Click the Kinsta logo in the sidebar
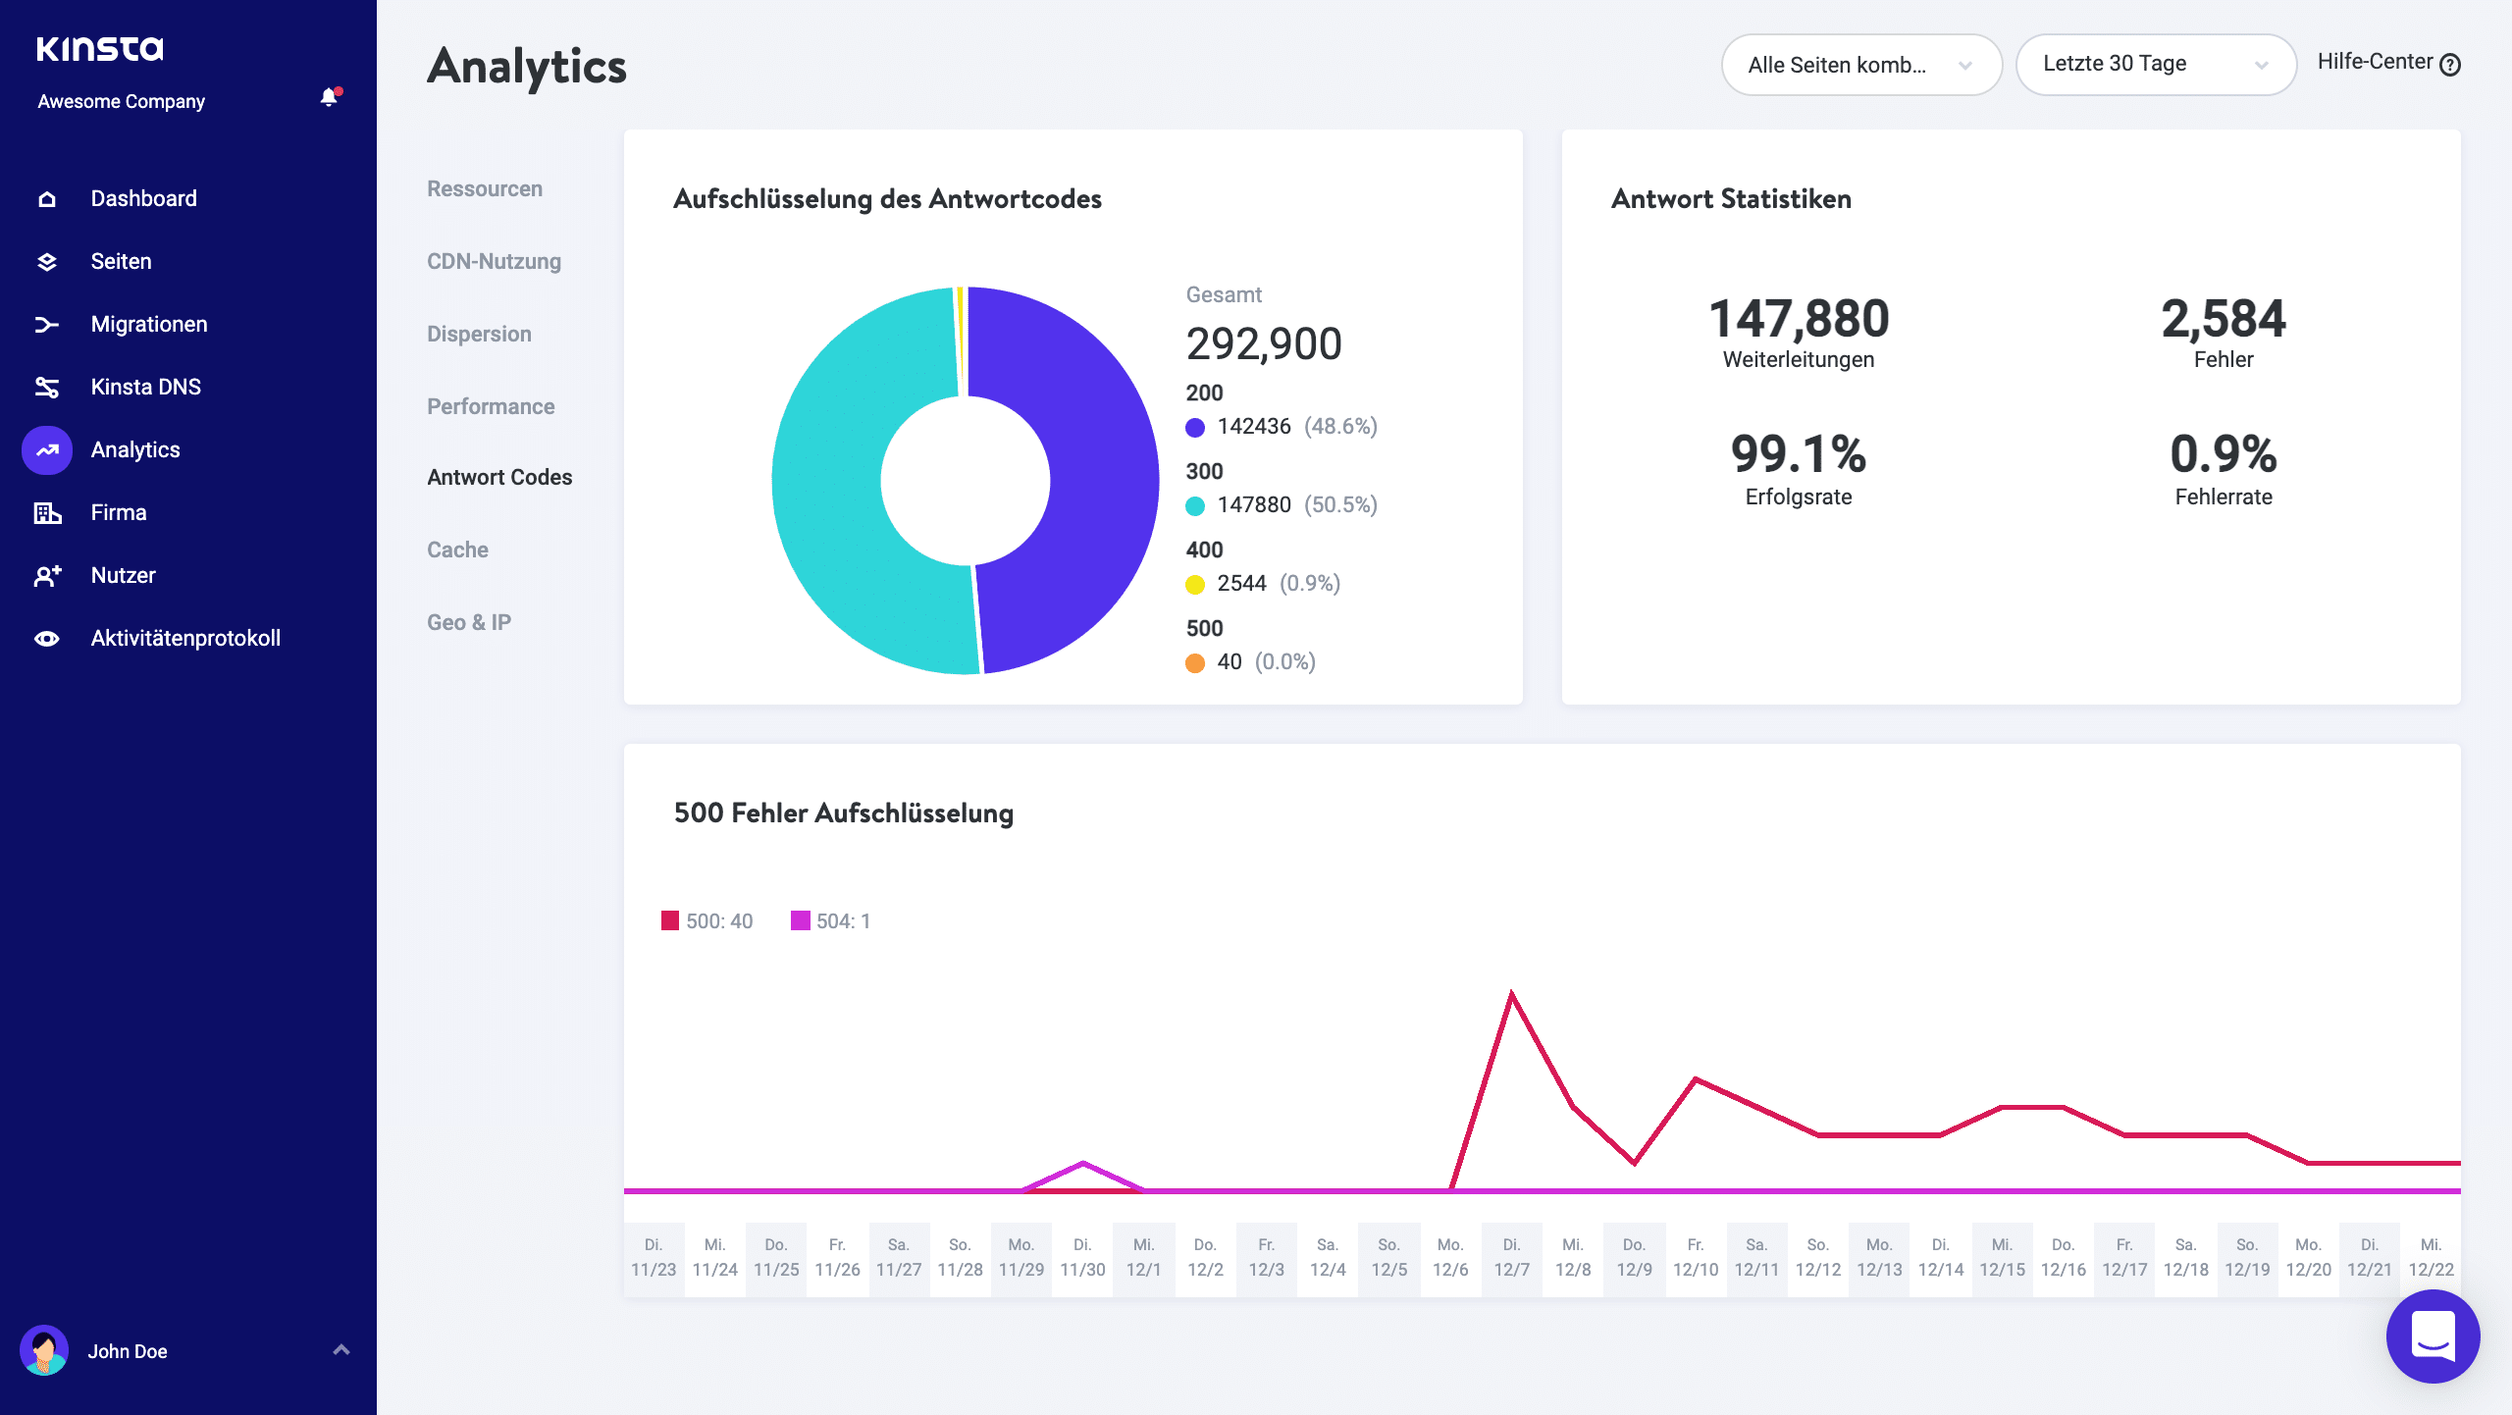coord(100,49)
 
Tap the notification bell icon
coord(329,97)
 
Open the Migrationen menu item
coord(148,324)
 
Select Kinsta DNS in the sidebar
coord(145,387)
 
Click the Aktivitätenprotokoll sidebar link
coord(184,638)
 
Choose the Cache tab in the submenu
coord(457,550)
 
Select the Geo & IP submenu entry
coord(469,622)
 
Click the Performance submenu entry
coord(491,406)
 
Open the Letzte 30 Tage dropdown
coord(2155,64)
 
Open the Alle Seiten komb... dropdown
coord(1860,65)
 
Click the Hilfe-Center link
coord(2387,63)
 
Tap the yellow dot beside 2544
coord(1195,585)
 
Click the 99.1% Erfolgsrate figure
coord(1798,454)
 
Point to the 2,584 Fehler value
coord(2223,320)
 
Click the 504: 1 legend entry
coord(831,921)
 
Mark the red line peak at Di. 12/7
coord(1511,994)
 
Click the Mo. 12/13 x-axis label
coord(1879,1257)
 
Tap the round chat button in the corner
coord(2433,1336)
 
